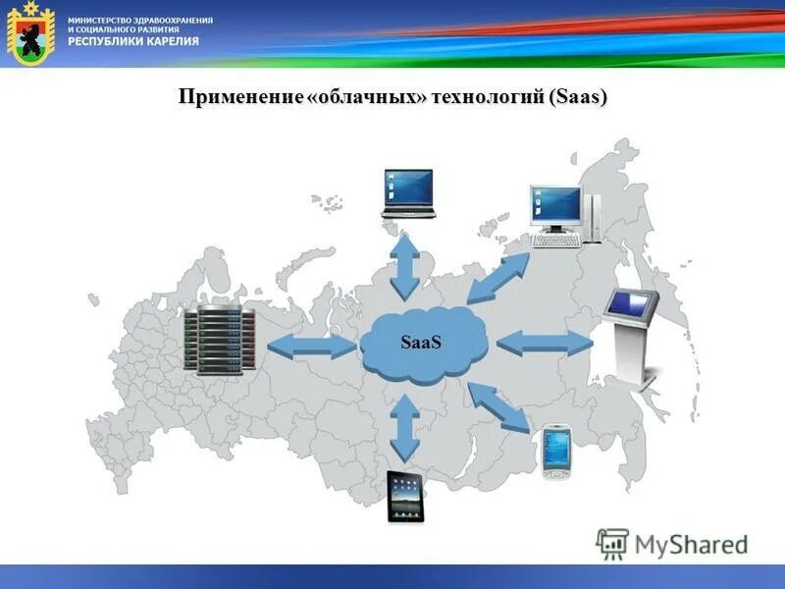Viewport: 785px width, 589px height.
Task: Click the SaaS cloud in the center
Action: coord(423,344)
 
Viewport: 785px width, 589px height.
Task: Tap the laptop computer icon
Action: coord(408,192)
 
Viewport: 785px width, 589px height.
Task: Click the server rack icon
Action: coord(218,341)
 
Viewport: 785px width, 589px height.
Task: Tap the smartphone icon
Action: coord(556,450)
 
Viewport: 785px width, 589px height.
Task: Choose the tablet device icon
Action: coord(404,496)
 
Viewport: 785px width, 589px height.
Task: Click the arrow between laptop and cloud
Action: coord(404,267)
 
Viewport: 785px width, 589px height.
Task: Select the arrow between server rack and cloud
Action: coord(311,345)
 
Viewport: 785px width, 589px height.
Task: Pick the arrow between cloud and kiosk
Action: coord(545,343)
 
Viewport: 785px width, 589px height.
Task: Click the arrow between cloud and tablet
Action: coord(404,428)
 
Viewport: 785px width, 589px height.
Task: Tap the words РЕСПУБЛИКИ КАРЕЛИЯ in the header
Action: coord(133,41)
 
